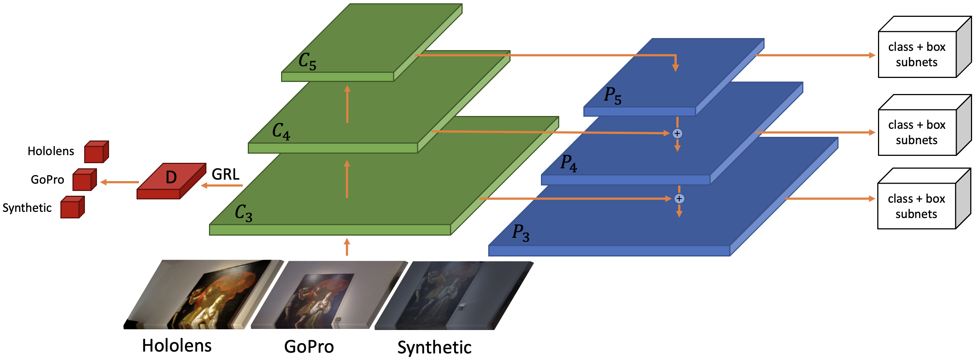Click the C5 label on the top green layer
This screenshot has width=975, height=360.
point(307,61)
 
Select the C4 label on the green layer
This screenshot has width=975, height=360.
point(281,131)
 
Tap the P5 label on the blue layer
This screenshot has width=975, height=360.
point(612,96)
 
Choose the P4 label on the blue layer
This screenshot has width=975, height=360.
point(568,164)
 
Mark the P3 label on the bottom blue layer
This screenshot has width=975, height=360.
point(520,232)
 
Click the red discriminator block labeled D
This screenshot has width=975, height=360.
point(171,181)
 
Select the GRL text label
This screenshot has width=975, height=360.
point(225,174)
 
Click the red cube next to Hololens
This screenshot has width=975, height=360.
point(97,152)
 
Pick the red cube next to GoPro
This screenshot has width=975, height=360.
point(85,180)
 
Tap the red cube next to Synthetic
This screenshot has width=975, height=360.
point(73,207)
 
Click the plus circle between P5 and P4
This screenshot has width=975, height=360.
point(677,134)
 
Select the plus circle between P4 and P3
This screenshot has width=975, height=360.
point(679,199)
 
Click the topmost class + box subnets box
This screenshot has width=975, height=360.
point(924,47)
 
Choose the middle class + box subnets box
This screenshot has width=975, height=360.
point(924,125)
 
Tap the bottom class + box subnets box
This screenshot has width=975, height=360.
point(924,199)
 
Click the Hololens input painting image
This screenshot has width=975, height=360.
point(203,294)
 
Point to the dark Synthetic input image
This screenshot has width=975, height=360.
point(454,296)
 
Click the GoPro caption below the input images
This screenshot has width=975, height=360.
point(309,347)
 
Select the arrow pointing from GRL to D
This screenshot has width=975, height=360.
point(222,185)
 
